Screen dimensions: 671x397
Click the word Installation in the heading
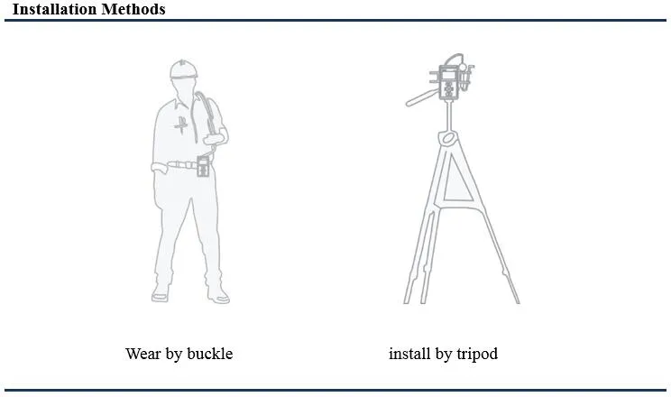coord(54,9)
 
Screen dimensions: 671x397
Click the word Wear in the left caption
coord(142,354)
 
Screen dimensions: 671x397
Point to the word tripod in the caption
coord(477,355)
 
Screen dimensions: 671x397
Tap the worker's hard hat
coord(184,69)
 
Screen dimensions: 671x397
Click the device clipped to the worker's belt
coord(203,166)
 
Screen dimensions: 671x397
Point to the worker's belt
coord(182,164)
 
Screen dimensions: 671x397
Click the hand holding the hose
coord(214,139)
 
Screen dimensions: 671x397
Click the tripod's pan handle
coord(422,98)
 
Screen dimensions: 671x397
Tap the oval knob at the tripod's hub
coord(448,138)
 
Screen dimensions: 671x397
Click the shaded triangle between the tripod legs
coord(456,183)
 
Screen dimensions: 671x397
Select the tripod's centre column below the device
coord(449,115)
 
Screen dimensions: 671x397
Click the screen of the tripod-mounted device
coord(448,76)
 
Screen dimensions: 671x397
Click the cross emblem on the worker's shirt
coord(181,125)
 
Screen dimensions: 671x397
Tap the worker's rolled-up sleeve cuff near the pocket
coord(158,167)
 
